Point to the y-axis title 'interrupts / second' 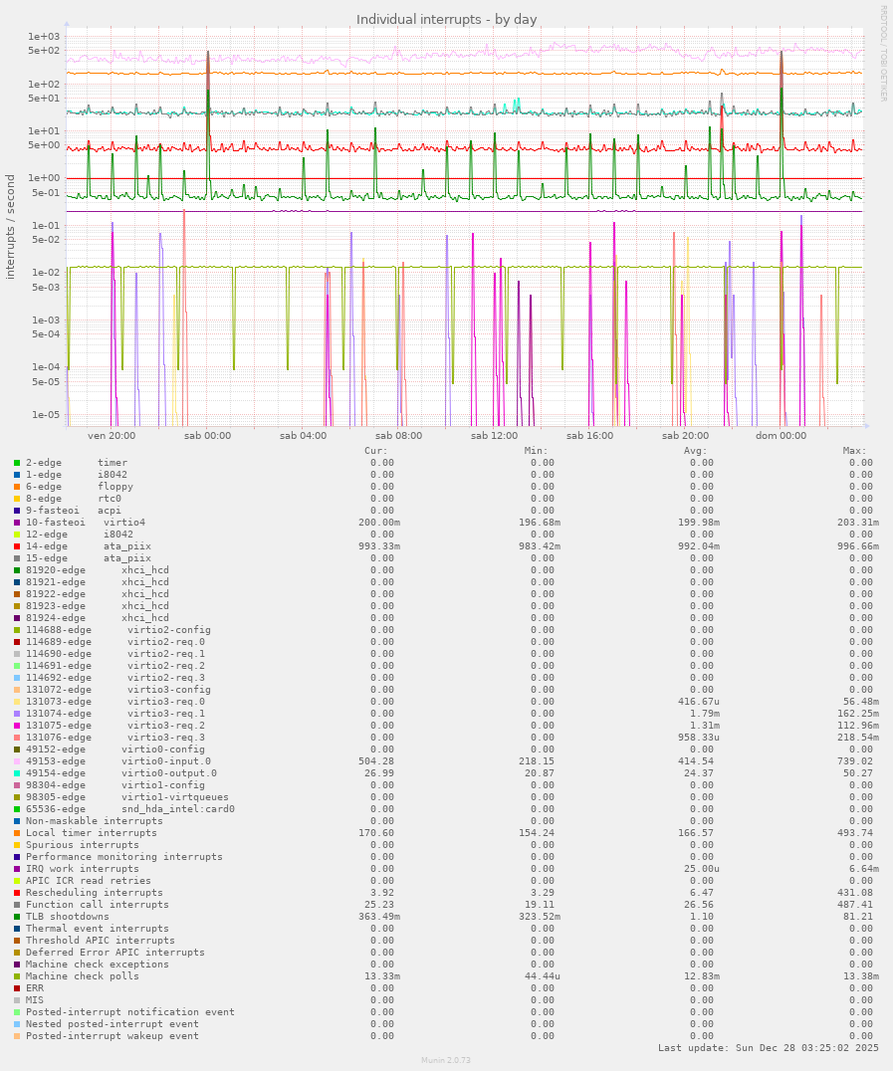tap(11, 226)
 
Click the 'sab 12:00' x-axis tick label tap(494, 435)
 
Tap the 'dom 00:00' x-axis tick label tap(781, 435)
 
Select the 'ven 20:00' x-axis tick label tap(112, 435)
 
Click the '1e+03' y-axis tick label tap(44, 37)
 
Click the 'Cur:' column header tap(376, 451)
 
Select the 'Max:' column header tap(854, 451)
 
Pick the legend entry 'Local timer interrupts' tap(92, 833)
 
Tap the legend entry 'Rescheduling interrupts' tap(95, 893)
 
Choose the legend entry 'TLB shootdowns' tap(68, 917)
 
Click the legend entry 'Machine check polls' tap(83, 976)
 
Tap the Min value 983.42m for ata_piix tap(531, 546)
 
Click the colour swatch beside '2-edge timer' tap(17, 463)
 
